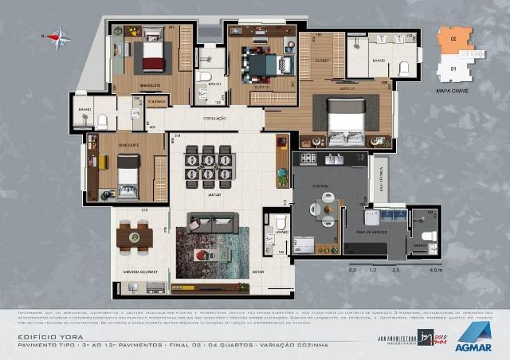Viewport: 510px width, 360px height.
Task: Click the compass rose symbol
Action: point(58,36)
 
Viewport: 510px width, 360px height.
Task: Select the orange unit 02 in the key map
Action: point(453,40)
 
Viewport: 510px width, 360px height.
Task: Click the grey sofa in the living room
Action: point(212,219)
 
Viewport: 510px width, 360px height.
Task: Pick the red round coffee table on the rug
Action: point(204,256)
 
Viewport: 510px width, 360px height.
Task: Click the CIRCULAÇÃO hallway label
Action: point(215,119)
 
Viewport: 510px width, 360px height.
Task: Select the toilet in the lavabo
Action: point(277,224)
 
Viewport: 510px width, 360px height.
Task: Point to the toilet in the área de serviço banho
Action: point(429,237)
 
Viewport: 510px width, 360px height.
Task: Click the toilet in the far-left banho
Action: point(102,120)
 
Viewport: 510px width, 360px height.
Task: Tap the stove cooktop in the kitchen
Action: point(307,158)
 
